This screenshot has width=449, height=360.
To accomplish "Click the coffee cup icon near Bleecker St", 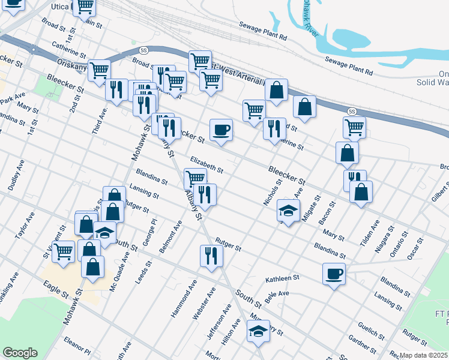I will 221,130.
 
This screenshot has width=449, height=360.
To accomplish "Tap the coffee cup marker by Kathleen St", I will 334,274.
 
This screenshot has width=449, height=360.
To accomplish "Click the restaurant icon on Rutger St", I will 211,256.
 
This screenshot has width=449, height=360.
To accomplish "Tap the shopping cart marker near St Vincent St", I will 63,251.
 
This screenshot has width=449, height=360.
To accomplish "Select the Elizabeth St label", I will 206,165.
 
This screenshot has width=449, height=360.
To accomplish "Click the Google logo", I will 20,353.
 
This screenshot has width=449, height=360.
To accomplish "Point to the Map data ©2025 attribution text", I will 424,355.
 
